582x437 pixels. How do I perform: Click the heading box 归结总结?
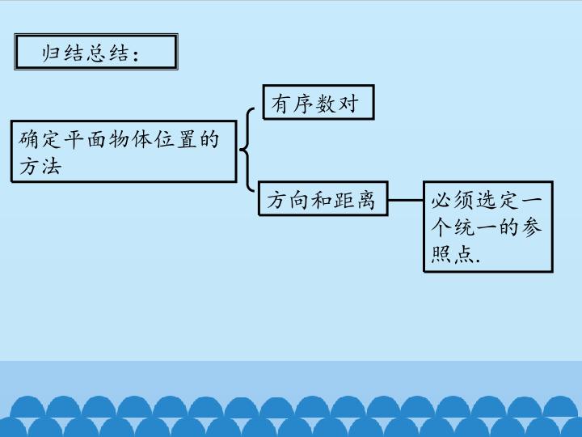[x=95, y=53]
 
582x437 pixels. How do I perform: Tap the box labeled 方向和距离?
[x=322, y=199]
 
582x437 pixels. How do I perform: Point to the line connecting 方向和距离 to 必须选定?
[x=406, y=200]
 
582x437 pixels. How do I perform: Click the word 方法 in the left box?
[x=40, y=166]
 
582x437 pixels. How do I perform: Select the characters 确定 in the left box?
[x=40, y=139]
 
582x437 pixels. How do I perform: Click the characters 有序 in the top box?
[x=293, y=104]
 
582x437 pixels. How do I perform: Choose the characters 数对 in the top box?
[x=338, y=104]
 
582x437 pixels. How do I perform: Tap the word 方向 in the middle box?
[x=288, y=200]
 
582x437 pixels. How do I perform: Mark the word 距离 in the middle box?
[x=355, y=200]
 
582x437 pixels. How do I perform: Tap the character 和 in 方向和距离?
[x=322, y=200]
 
